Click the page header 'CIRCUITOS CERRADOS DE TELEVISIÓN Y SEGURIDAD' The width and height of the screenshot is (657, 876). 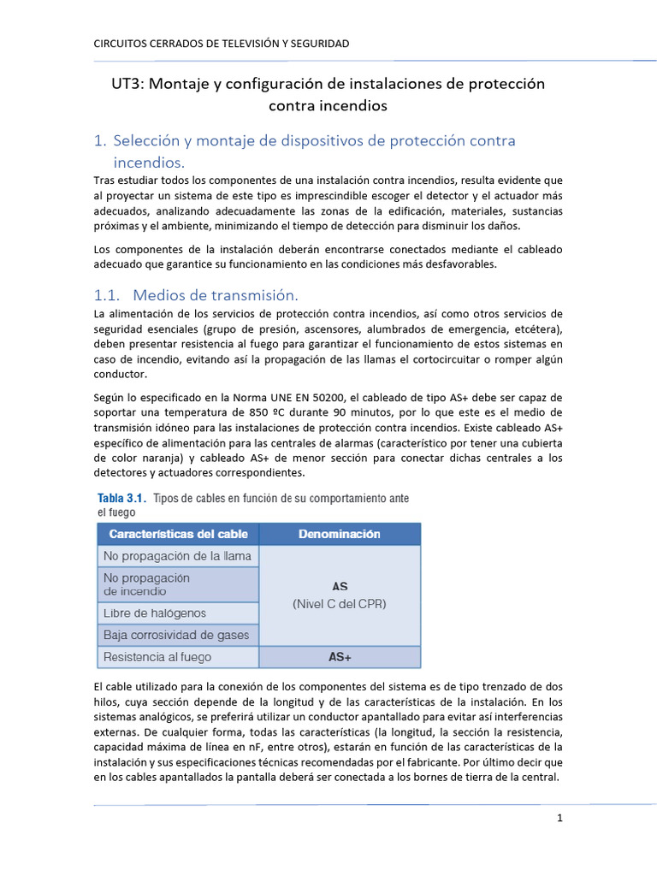pos(221,44)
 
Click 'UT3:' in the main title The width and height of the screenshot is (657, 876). pos(130,84)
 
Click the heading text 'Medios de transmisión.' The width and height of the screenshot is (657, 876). pos(216,295)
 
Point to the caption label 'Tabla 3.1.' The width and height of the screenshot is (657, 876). pos(121,498)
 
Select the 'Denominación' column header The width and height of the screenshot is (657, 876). pos(340,534)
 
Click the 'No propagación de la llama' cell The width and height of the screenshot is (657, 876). pos(177,556)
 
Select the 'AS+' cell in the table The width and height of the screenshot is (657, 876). pos(340,657)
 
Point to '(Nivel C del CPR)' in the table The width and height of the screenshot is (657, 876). pos(340,603)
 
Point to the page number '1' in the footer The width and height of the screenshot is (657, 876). pos(559,818)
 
